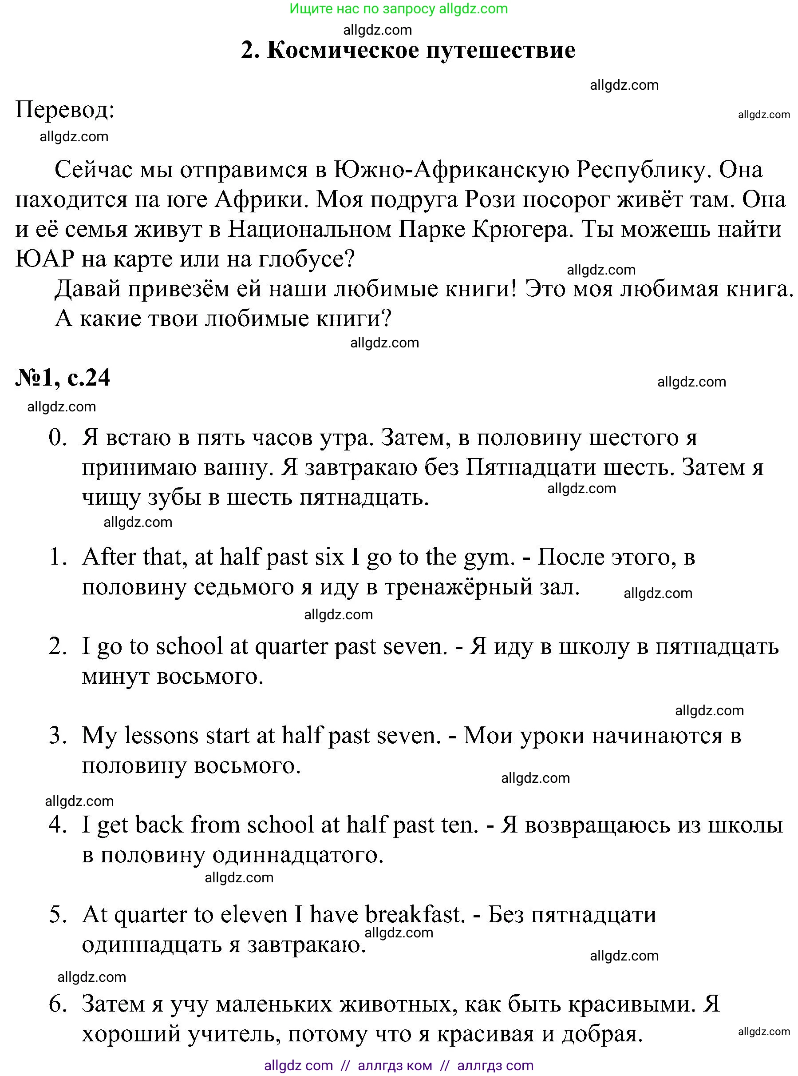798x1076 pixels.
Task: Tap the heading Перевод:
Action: coord(65,110)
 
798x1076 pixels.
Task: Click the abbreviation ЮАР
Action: coord(44,259)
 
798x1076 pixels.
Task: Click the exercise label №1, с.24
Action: coord(63,378)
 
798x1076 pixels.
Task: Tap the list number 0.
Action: coord(57,438)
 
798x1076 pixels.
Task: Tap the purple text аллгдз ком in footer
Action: coord(395,1065)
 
